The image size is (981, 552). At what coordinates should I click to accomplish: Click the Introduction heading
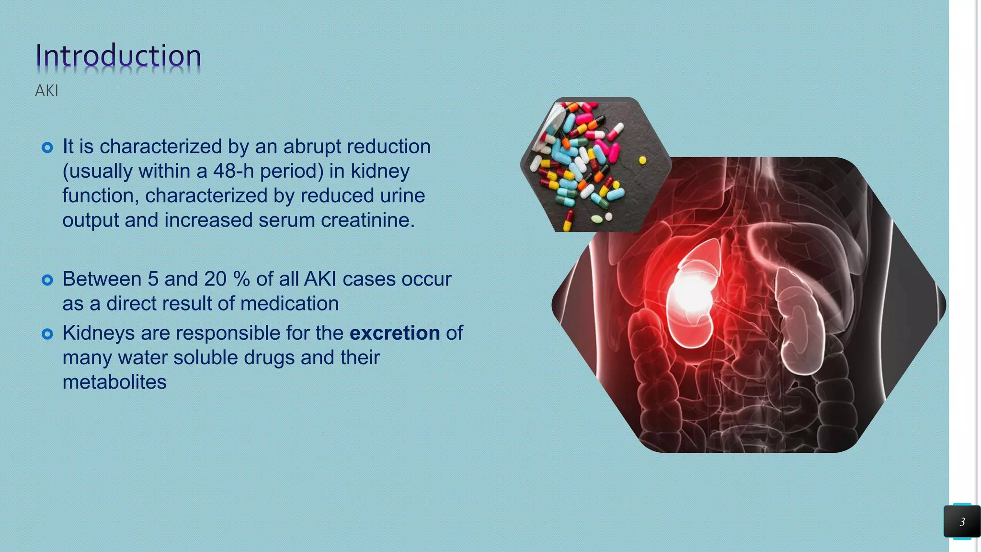(118, 56)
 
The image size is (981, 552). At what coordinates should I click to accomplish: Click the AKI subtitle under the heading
(46, 91)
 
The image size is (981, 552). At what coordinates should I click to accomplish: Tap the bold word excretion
(395, 333)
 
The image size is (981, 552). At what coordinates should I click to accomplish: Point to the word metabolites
(114, 382)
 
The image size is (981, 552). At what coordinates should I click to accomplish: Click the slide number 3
(962, 522)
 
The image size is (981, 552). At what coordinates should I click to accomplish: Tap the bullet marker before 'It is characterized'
(47, 148)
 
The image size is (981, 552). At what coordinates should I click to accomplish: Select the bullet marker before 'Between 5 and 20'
(47, 280)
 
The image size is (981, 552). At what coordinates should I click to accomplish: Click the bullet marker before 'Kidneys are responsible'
(47, 334)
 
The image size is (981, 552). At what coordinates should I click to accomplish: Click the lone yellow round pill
(642, 161)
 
